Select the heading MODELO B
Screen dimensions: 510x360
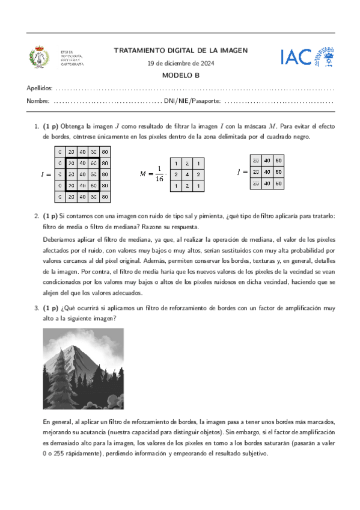coord(180,75)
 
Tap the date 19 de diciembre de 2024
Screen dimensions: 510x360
coord(180,64)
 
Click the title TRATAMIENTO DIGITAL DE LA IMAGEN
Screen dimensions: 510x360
coord(180,51)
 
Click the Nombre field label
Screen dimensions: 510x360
coord(38,100)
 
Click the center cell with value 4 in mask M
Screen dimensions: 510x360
coord(186,174)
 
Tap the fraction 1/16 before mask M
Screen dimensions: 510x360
coord(159,174)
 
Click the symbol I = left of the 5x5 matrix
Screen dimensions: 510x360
coord(46,174)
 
